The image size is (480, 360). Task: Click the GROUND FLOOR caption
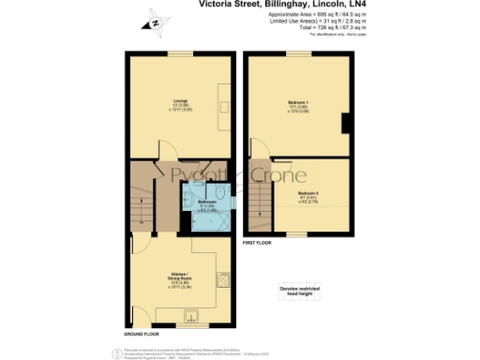(141, 333)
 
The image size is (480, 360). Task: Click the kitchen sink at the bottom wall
(191, 319)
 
